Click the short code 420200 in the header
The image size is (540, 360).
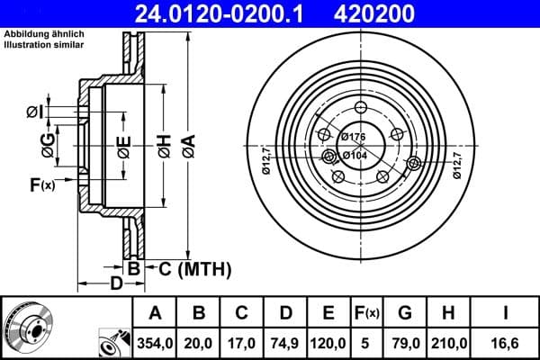(400, 13)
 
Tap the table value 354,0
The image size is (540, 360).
(155, 341)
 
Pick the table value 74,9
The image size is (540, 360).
(285, 341)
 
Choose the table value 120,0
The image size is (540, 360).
(328, 341)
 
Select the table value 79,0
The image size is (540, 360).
(404, 341)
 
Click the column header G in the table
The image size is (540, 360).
(404, 312)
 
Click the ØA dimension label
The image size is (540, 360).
(186, 143)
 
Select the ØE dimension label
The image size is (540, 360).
(123, 143)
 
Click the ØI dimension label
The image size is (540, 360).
(33, 112)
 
